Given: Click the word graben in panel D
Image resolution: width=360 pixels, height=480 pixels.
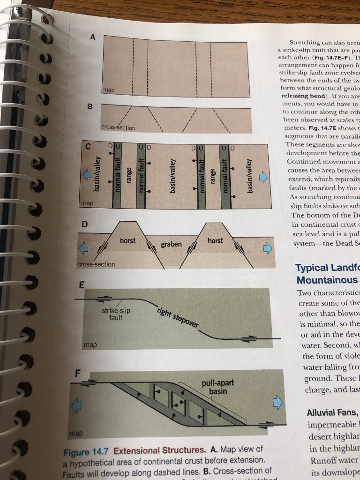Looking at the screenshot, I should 172,244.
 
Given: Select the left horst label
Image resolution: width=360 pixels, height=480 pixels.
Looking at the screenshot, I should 127,240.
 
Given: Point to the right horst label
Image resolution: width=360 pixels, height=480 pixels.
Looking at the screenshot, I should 215,240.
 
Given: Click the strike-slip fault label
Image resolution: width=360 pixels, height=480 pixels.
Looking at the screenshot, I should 116,314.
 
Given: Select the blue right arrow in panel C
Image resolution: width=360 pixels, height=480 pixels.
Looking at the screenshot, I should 263,177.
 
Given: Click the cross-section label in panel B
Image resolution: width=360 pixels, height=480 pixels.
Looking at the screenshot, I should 118,127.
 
